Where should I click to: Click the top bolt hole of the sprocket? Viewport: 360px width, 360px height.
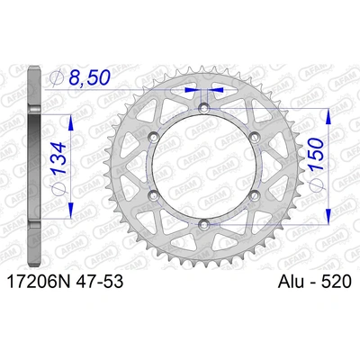[203, 108]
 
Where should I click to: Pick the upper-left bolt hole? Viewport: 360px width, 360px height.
[154, 137]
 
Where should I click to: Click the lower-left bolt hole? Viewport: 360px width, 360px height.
[154, 194]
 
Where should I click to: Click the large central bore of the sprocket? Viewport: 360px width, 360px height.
[203, 166]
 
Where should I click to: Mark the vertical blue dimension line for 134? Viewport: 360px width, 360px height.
[67, 166]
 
